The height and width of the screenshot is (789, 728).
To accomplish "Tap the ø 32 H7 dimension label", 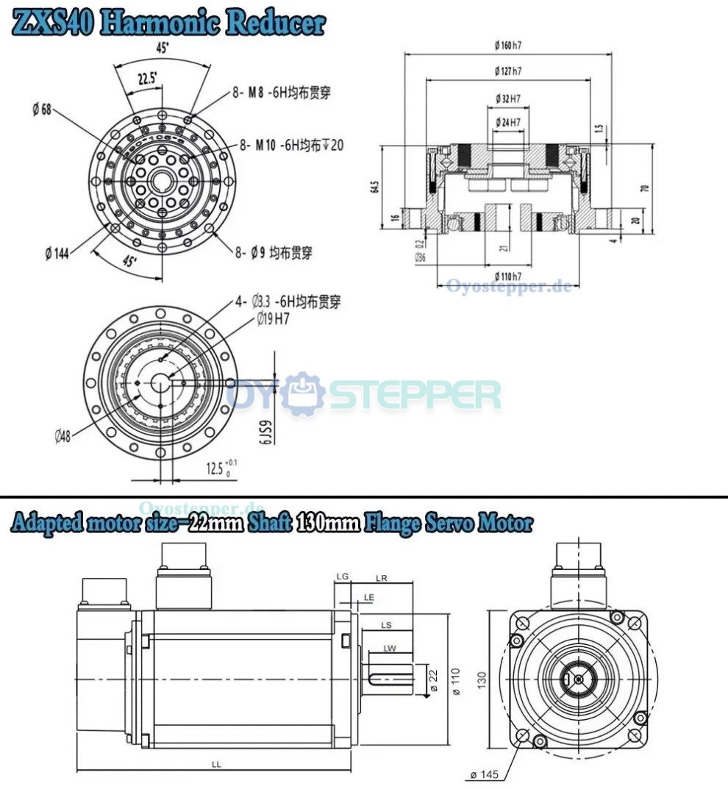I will [508, 98].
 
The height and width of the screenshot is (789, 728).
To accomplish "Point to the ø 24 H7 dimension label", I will [508, 121].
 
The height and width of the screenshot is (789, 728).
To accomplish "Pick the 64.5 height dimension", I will [375, 186].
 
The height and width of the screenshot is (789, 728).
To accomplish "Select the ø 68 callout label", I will [41, 110].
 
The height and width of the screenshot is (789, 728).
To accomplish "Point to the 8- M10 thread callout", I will [290, 145].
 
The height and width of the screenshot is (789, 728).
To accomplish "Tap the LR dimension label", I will [381, 578].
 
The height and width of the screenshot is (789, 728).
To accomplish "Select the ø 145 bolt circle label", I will [486, 774].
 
